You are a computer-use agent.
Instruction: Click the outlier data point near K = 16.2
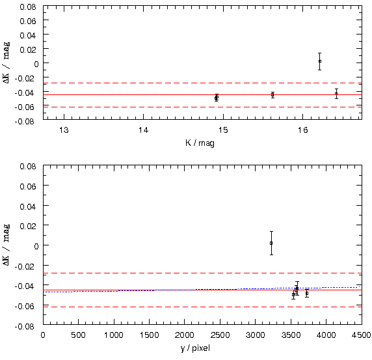pyautogui.click(x=320, y=61)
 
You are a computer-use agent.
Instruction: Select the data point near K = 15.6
pyautogui.click(x=272, y=95)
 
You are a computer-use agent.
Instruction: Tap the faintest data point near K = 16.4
pyautogui.click(x=336, y=94)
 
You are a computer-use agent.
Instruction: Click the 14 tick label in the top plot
pyautogui.click(x=143, y=130)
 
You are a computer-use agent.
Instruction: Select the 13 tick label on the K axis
pyautogui.click(x=64, y=130)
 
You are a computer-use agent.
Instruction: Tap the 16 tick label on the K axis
pyautogui.click(x=302, y=130)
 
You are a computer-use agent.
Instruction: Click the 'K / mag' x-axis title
pyautogui.click(x=200, y=143)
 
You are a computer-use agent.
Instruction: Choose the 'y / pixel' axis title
pyautogui.click(x=195, y=348)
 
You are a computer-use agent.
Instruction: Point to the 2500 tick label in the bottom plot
pyautogui.click(x=220, y=335)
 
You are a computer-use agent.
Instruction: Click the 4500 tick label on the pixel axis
pyautogui.click(x=362, y=335)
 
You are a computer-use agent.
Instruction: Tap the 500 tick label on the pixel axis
pyautogui.click(x=78, y=335)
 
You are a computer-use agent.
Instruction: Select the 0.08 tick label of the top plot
pyautogui.click(x=28, y=7)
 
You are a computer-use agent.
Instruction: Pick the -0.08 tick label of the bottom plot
pyautogui.click(x=25, y=327)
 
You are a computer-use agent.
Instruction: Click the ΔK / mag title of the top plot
pyautogui.click(x=7, y=62)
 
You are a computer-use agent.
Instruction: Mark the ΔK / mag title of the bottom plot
pyautogui.click(x=7, y=245)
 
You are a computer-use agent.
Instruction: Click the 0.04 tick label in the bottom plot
pyautogui.click(x=28, y=206)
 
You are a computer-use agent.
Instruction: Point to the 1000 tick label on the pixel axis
pyautogui.click(x=114, y=335)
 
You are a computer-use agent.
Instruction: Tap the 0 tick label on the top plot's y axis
pyautogui.click(x=36, y=64)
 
